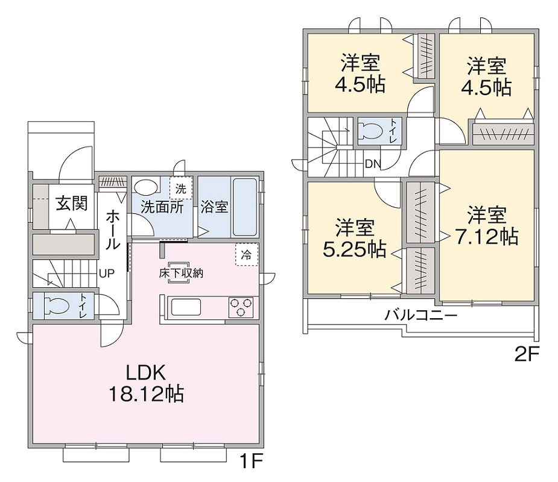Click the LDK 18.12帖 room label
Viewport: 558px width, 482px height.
[x=146, y=383]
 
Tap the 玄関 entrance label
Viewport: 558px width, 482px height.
[x=72, y=204]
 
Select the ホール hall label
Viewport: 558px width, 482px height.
[x=113, y=230]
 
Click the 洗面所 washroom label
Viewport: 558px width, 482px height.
[x=162, y=207]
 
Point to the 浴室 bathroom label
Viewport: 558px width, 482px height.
[x=214, y=207]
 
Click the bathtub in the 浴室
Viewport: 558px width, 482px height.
[x=245, y=207]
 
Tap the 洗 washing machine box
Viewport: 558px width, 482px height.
[x=181, y=189]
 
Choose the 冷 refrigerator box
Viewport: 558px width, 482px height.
[x=246, y=254]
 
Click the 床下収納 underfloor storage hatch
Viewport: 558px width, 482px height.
[x=181, y=273]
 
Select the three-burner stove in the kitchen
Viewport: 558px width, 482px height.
[x=241, y=307]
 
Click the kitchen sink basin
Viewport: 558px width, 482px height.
[x=186, y=307]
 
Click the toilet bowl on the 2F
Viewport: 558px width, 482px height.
[x=370, y=131]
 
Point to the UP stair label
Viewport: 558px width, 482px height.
[x=107, y=274]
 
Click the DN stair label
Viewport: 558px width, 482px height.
[x=373, y=164]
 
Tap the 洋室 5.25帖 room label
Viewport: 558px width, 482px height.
[x=355, y=238]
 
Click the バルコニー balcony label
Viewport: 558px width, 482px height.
[x=420, y=315]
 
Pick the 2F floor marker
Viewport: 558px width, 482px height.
[x=527, y=354]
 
